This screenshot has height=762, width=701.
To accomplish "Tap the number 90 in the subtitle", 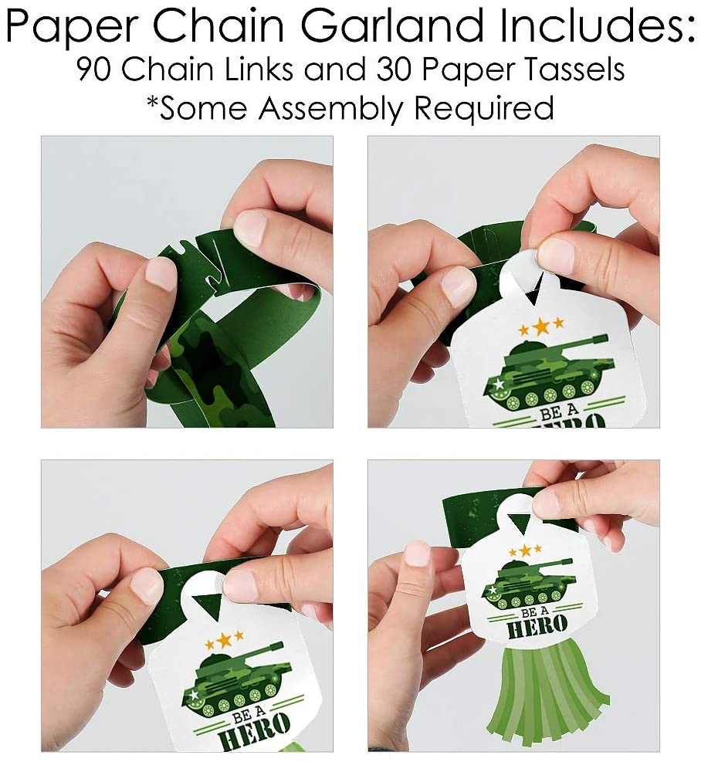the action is coord(94,69).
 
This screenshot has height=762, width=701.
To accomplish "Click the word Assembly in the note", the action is coord(330,108).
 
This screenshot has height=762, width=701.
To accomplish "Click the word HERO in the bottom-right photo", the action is coord(537,628).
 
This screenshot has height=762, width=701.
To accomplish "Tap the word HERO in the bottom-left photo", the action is coord(254,732).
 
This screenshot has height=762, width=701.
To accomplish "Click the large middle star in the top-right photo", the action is coord(540,326).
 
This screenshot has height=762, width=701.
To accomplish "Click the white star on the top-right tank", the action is coord(498,384).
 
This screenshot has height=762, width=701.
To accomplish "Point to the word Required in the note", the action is coord(484,108).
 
